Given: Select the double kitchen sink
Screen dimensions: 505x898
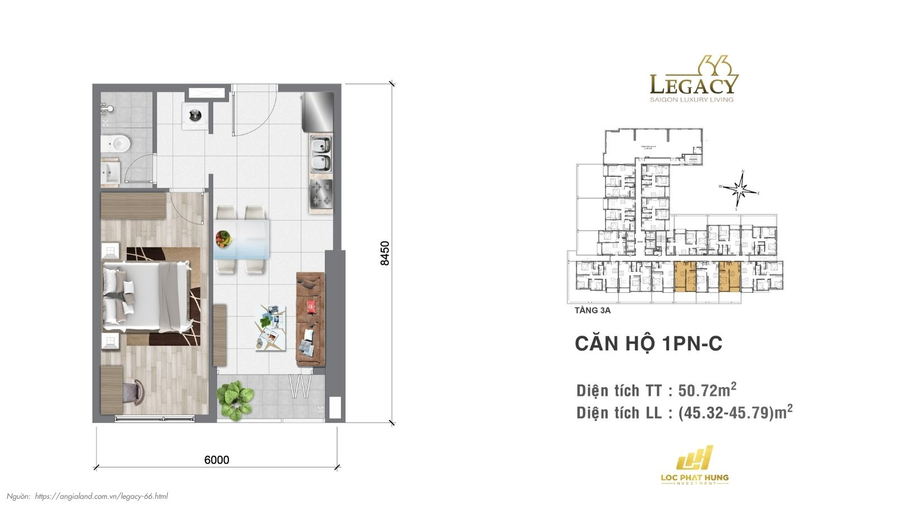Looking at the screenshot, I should [x=321, y=155].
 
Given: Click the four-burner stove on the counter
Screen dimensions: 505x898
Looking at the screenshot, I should [x=321, y=194].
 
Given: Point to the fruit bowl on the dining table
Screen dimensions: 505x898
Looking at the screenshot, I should [x=223, y=239].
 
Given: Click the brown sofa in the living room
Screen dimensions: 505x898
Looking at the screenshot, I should [x=310, y=319].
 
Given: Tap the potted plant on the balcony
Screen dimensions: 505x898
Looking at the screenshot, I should [x=235, y=399].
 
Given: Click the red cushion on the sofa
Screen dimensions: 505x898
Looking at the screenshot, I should [x=313, y=306].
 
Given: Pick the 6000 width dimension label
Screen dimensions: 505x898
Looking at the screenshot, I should [x=217, y=460].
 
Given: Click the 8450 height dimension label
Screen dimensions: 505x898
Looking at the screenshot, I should [x=384, y=253].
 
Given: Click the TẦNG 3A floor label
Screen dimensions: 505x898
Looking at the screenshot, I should [x=593, y=310].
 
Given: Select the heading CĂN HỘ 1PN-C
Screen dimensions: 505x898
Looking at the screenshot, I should [x=648, y=343].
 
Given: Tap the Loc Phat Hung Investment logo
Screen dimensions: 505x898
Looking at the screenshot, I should [x=694, y=466].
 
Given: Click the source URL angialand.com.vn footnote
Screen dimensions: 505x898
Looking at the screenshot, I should [x=101, y=496].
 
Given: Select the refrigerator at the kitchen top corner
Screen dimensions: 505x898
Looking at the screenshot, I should [x=317, y=110].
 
